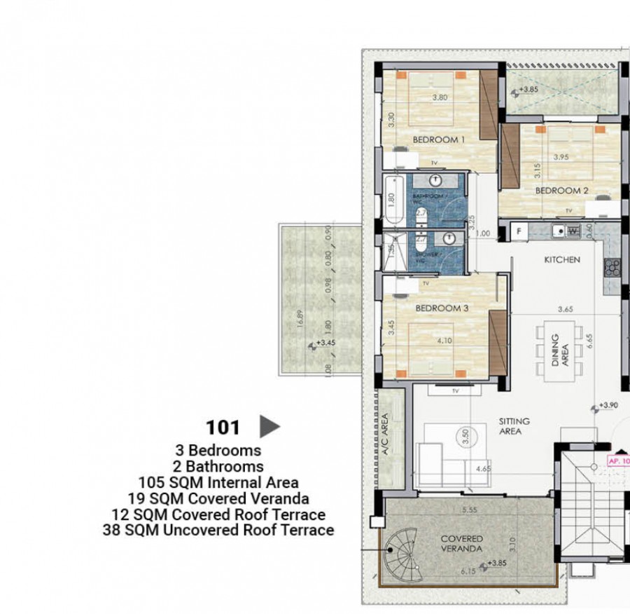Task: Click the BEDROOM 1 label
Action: [x=439, y=139]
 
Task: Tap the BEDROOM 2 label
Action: [x=561, y=190]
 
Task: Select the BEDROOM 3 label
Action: [x=441, y=308]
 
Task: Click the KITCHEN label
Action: [x=563, y=259]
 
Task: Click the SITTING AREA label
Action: [x=514, y=427]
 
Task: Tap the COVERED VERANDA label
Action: [x=461, y=543]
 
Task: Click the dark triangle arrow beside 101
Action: [x=269, y=425]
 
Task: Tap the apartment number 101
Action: [x=223, y=427]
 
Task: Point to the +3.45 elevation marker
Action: [x=324, y=343]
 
